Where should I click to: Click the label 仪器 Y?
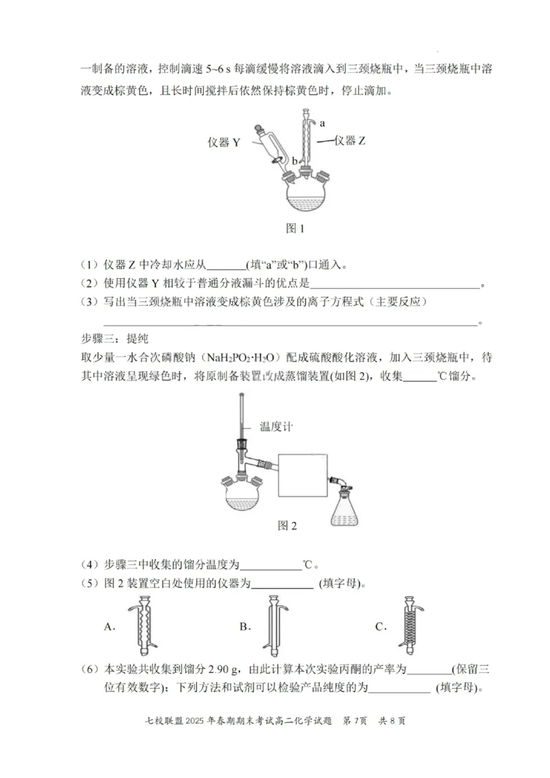[x=223, y=142]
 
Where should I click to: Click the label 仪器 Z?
[x=350, y=141]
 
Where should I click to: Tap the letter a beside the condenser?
[x=322, y=123]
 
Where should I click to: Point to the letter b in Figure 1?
[x=294, y=161]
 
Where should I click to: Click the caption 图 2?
[x=287, y=526]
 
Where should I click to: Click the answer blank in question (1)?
[x=225, y=267]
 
